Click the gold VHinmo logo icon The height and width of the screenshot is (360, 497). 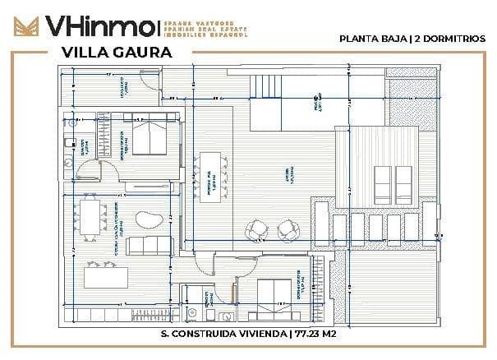23,25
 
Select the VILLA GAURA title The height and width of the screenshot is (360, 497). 116,53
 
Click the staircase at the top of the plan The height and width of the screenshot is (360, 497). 264,85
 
